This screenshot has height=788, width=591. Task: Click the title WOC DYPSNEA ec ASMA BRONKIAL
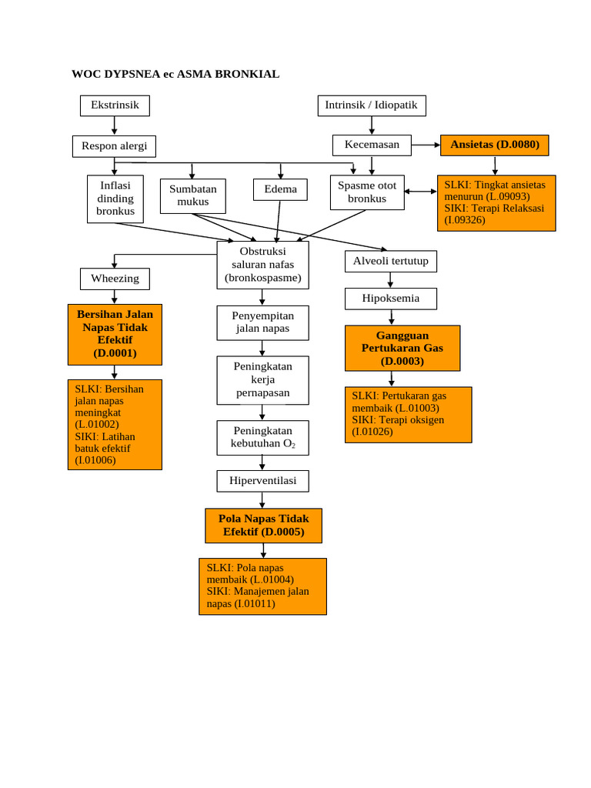pyautogui.click(x=175, y=75)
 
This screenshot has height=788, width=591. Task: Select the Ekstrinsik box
pyautogui.click(x=115, y=105)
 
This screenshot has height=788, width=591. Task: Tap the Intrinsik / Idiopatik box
pyautogui.click(x=372, y=105)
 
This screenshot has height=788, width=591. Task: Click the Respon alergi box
pyautogui.click(x=114, y=146)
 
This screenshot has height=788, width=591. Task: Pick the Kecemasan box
pyautogui.click(x=372, y=145)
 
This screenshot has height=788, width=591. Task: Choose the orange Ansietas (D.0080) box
pyautogui.click(x=494, y=145)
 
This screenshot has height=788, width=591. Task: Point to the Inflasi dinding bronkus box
pyautogui.click(x=115, y=199)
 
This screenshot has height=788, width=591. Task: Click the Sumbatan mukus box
pyautogui.click(x=193, y=195)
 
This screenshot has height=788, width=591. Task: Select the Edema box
pyautogui.click(x=280, y=189)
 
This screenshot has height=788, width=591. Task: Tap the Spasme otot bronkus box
pyautogui.click(x=367, y=192)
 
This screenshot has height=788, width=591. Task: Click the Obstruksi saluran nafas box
pyautogui.click(x=262, y=265)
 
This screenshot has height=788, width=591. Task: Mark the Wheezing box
pyautogui.click(x=115, y=279)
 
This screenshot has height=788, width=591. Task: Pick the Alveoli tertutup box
pyautogui.click(x=391, y=261)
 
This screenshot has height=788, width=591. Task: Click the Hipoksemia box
pyautogui.click(x=391, y=299)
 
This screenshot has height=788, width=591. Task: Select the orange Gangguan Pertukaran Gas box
pyautogui.click(x=402, y=348)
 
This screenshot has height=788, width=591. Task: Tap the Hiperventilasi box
pyautogui.click(x=262, y=481)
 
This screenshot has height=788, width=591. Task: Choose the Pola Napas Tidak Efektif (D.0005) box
pyautogui.click(x=263, y=526)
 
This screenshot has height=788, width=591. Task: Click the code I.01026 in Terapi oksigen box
pyautogui.click(x=372, y=432)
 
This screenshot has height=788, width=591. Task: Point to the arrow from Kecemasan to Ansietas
pyautogui.click(x=426, y=145)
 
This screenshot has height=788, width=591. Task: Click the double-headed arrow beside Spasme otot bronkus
pyautogui.click(x=420, y=191)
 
